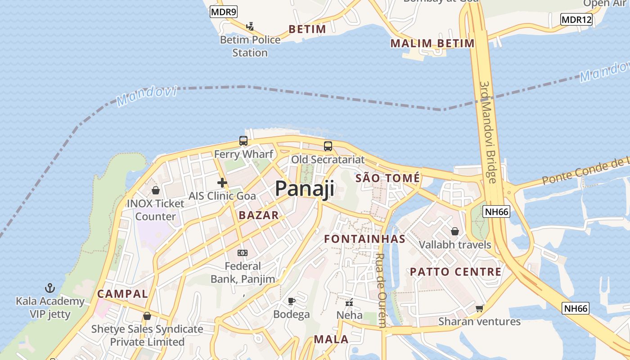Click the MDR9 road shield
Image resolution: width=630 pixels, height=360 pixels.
pyautogui.click(x=223, y=12)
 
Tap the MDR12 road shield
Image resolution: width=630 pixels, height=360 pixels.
pyautogui.click(x=576, y=19)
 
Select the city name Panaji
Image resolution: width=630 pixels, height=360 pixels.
pyautogui.click(x=305, y=189)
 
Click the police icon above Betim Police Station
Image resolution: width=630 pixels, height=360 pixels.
pyautogui.click(x=250, y=27)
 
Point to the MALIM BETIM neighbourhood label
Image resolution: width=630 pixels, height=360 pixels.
pyautogui.click(x=432, y=44)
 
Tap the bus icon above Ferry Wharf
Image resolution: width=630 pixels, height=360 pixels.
pyautogui.click(x=243, y=141)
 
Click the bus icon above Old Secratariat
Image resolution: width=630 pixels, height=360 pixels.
pyautogui.click(x=328, y=146)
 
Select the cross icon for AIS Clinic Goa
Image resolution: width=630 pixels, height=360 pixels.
pyautogui.click(x=222, y=183)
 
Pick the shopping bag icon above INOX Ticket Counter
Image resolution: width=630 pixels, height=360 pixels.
pyautogui.click(x=155, y=190)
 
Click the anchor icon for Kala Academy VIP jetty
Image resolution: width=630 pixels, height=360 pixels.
pyautogui.click(x=50, y=288)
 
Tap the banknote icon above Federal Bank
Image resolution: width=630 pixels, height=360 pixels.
pyautogui.click(x=243, y=253)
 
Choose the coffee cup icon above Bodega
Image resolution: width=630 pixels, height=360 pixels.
pyautogui.click(x=292, y=301)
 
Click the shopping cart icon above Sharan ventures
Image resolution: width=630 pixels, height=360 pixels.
pyautogui.click(x=479, y=308)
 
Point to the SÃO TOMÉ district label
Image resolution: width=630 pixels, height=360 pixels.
pyautogui.click(x=387, y=178)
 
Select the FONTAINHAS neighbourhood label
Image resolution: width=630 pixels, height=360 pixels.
pyautogui.click(x=365, y=239)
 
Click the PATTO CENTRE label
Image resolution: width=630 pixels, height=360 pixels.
pyautogui.click(x=455, y=272)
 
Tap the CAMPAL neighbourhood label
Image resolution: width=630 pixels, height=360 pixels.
pyautogui.click(x=122, y=294)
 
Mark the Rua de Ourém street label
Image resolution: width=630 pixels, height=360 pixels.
pyautogui.click(x=381, y=290)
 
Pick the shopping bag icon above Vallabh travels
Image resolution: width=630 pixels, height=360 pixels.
pyautogui.click(x=455, y=231)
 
